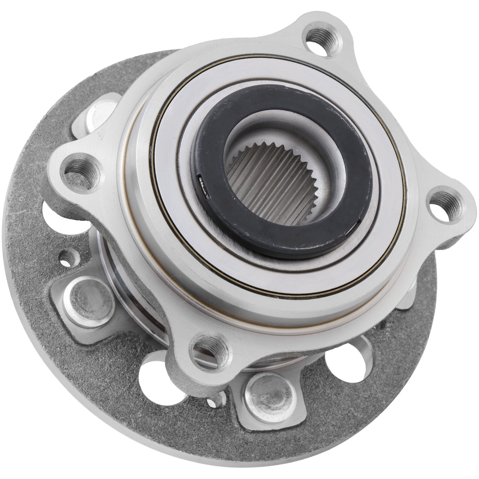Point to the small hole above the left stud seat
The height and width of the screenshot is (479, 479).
coord(68,258)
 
